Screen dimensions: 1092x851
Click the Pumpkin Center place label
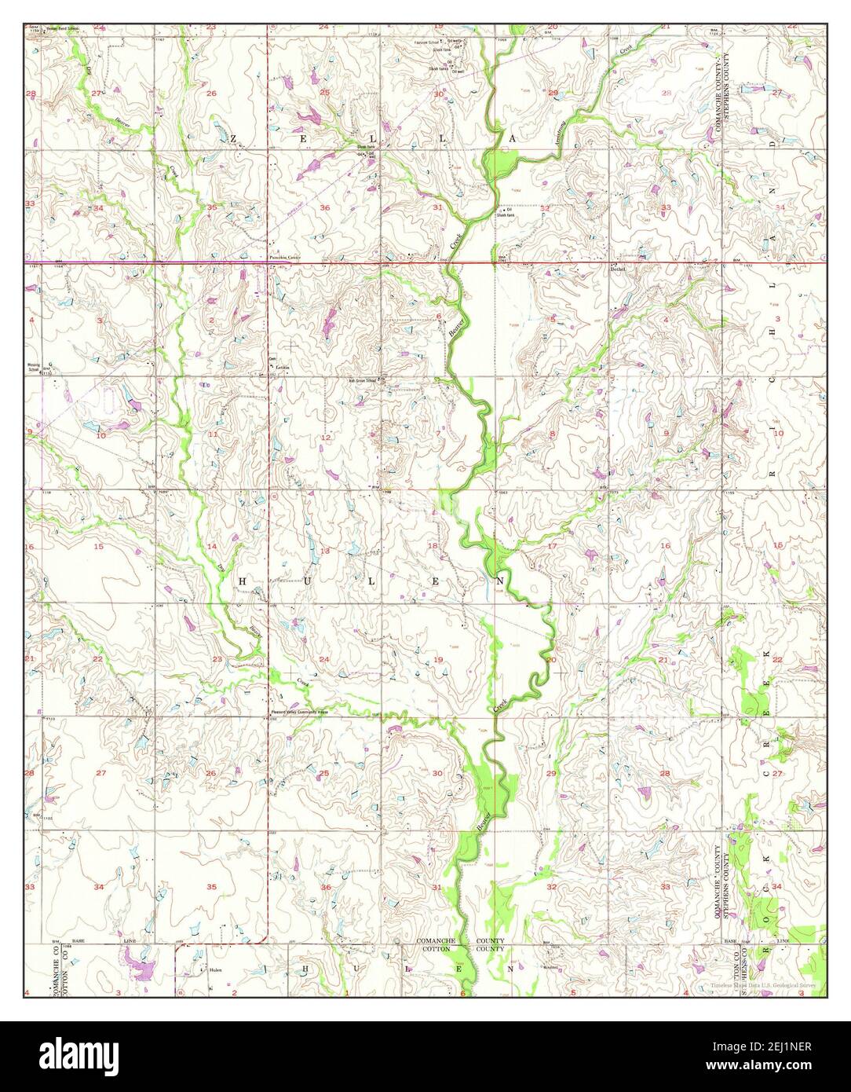tap(285, 257)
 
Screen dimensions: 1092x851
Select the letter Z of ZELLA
tap(233, 138)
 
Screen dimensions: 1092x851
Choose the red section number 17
tap(552, 545)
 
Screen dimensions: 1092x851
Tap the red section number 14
tap(211, 546)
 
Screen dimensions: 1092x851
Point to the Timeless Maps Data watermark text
tap(762, 984)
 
